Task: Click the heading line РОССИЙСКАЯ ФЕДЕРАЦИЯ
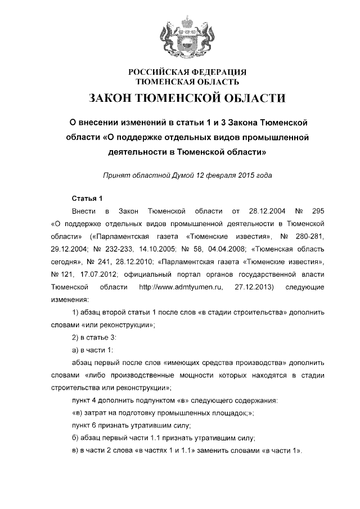coord(188,73)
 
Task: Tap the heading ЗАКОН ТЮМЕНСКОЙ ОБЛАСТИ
coord(187,99)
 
